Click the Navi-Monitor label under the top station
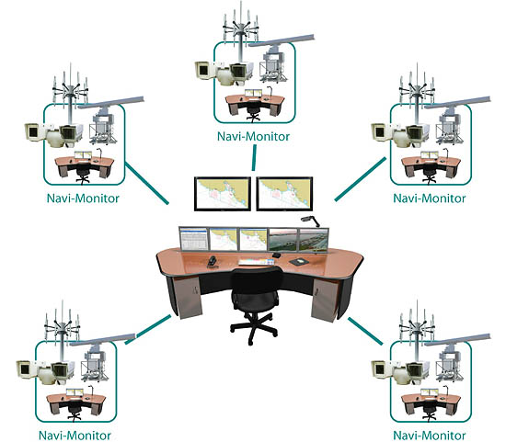pos(253,137)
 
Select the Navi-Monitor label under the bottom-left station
pos(75,436)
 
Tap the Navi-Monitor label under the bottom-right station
pos(430,436)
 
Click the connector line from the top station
pos(254,158)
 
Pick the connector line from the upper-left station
pos(147,184)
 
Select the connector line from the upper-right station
pos(361,179)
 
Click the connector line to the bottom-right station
pos(365,331)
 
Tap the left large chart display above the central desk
pos(223,194)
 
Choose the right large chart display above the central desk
pos(284,194)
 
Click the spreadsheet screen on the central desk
pos(193,239)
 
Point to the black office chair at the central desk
pos(255,305)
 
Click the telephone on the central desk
pos(212,263)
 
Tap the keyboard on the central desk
pos(257,262)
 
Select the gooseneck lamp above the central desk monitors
pos(310,221)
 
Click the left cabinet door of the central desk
pos(188,298)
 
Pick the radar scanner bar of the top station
pos(282,40)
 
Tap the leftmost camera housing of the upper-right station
pos(379,132)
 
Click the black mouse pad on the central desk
pos(299,262)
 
